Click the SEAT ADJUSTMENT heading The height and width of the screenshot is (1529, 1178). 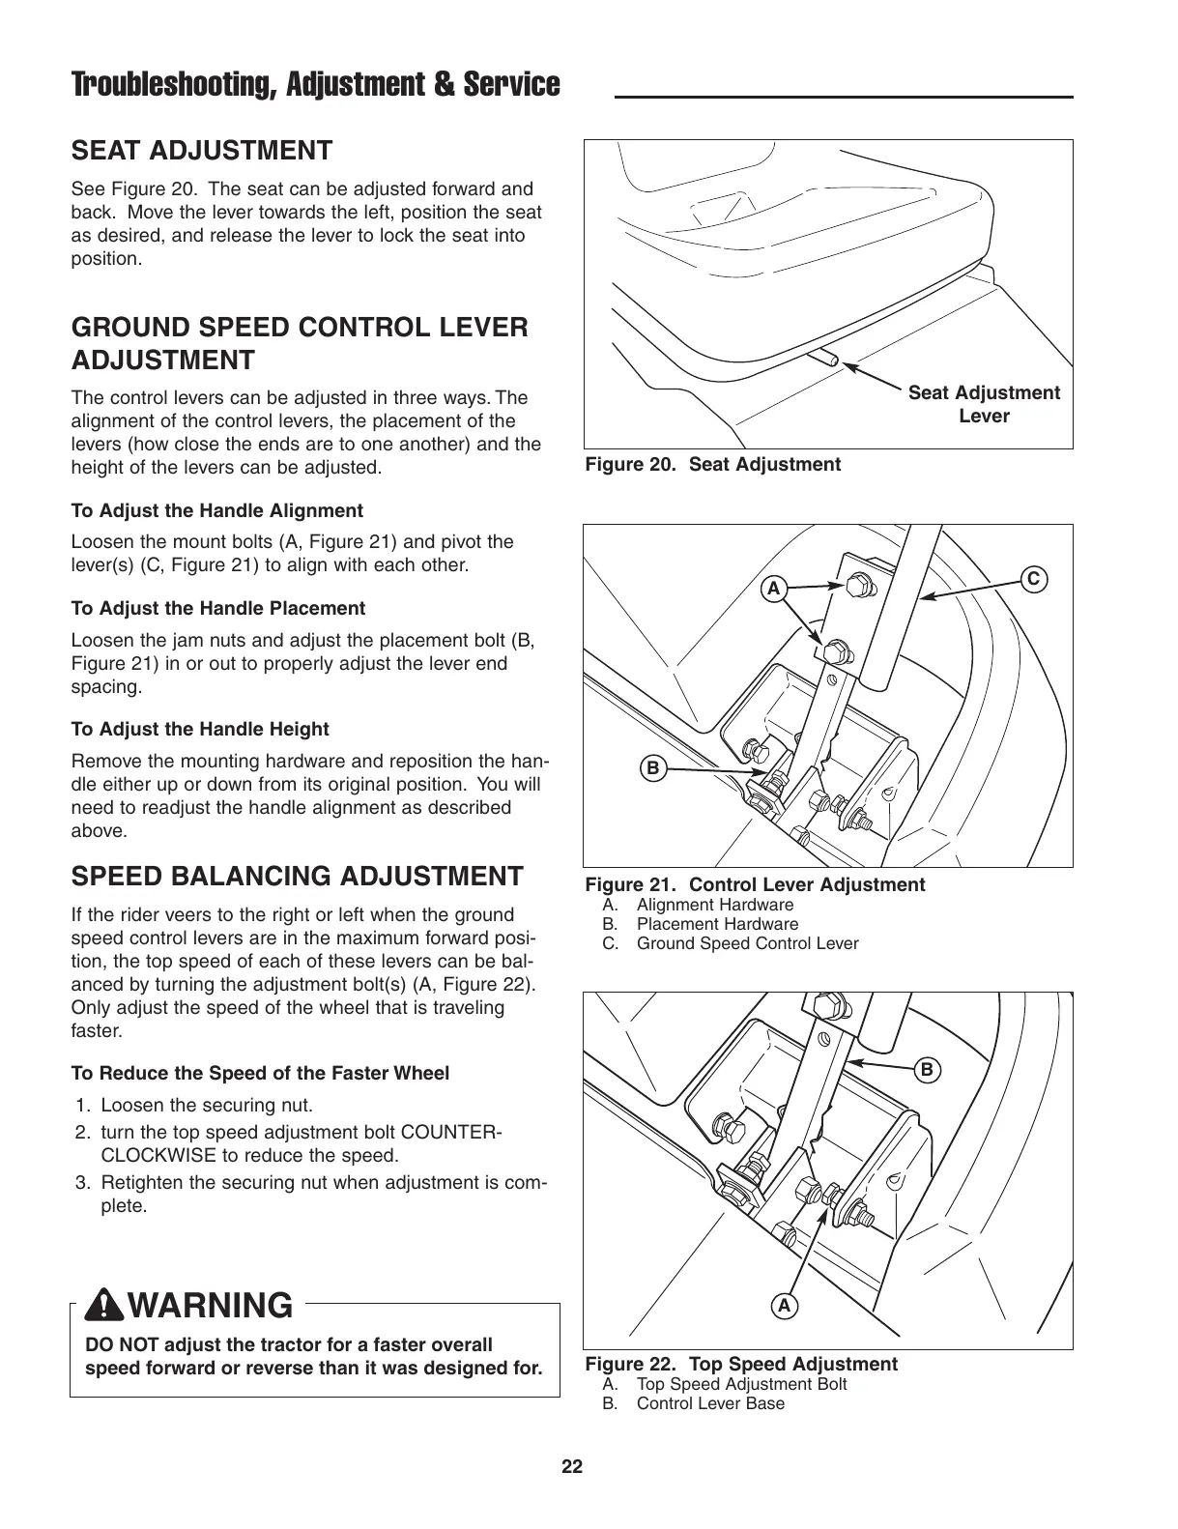coord(202,151)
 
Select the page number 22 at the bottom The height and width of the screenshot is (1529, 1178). coord(572,1466)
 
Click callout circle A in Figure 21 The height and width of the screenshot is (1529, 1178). coord(772,587)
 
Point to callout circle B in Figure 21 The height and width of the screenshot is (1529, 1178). coord(652,769)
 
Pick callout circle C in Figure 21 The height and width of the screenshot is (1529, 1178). coord(1033,579)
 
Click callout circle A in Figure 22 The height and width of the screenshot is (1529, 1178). coord(784,1306)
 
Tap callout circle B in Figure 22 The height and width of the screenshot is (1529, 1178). coord(926,1070)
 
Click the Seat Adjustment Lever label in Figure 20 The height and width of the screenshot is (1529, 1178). coord(983,404)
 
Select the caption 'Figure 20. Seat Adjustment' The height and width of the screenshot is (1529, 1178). coord(713,465)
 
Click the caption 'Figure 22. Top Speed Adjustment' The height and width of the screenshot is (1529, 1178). coord(741,1364)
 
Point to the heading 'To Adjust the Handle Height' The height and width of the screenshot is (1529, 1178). coord(200,730)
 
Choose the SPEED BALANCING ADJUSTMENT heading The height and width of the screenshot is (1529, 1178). coord(298,877)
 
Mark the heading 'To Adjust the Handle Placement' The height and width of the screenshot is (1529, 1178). coord(218,609)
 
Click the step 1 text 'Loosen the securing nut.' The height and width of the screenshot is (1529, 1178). coord(207,1106)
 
